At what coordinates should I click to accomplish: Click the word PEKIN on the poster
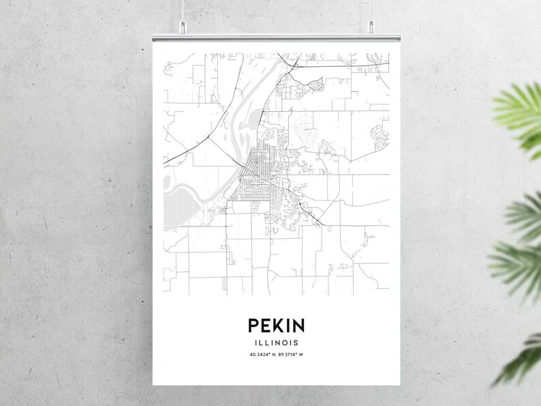[x=277, y=325]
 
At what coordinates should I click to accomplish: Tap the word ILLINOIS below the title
[x=277, y=342]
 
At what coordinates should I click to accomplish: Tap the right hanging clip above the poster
[x=371, y=28]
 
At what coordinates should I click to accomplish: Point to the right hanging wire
[x=371, y=10]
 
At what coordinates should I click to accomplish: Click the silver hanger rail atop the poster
[x=277, y=34]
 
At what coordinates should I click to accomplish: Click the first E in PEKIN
[x=266, y=325]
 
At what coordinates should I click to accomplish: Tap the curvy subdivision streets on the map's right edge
[x=377, y=136]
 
